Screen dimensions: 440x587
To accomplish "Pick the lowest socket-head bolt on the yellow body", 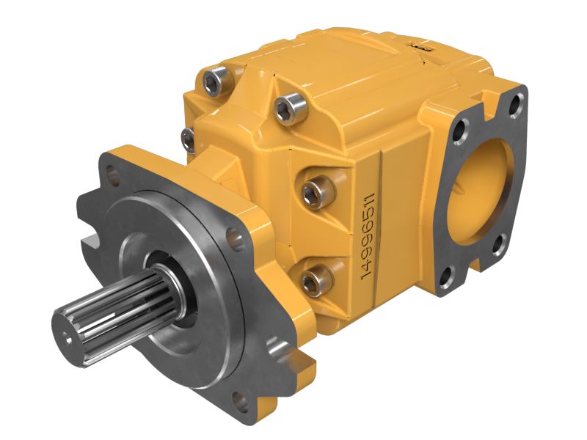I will click(x=313, y=279).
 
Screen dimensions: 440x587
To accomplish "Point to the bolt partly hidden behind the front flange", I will click(x=188, y=137).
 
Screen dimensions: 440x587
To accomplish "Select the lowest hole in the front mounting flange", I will click(x=238, y=399).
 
